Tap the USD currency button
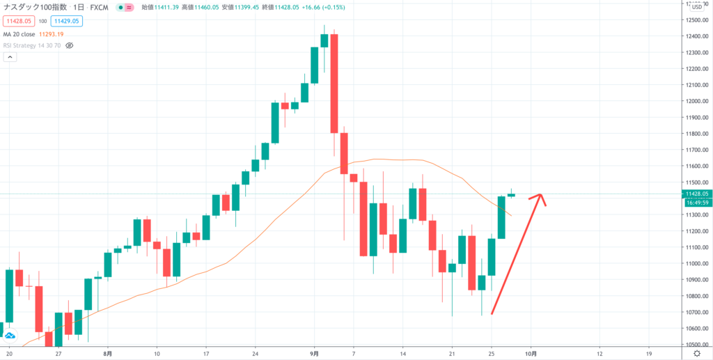(x=696, y=8)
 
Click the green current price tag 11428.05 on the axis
(x=697, y=194)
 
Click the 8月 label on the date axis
(x=107, y=354)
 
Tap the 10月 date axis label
(x=531, y=354)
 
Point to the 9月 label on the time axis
(x=315, y=354)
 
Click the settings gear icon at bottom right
(x=696, y=354)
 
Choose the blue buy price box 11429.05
(x=67, y=21)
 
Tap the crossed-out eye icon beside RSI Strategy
(x=69, y=45)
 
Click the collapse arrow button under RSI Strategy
(x=9, y=58)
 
